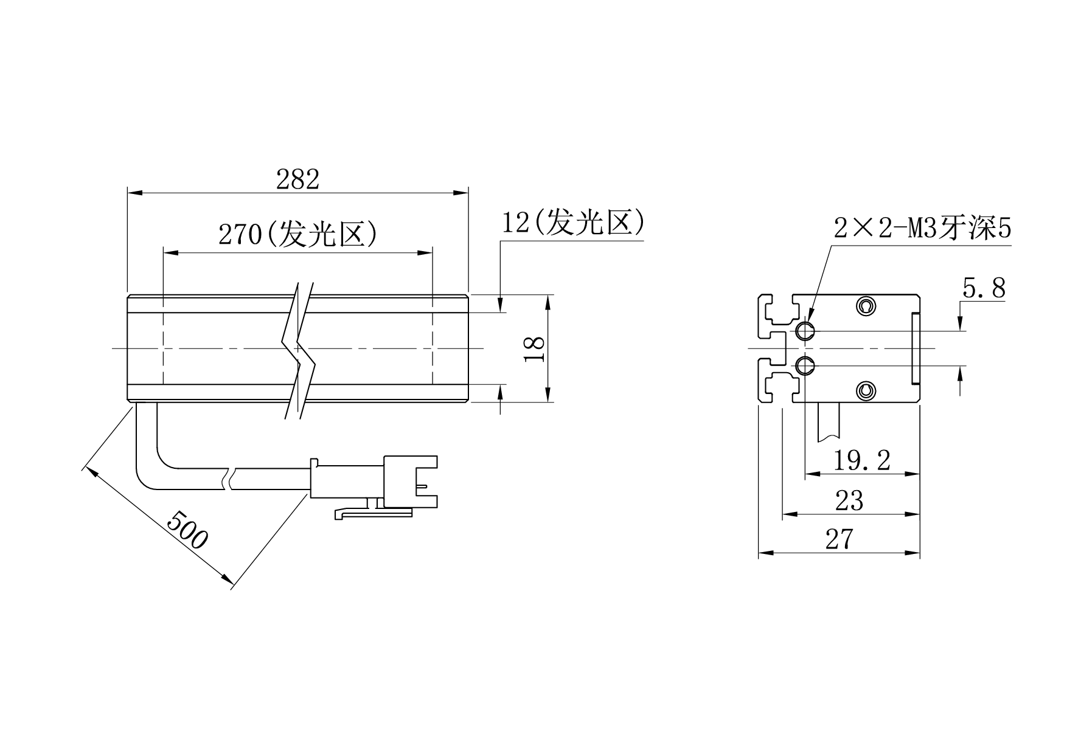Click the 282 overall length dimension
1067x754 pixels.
coord(297,180)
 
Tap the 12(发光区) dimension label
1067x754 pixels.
coord(572,223)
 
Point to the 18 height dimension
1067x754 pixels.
coord(535,348)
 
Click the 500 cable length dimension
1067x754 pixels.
coord(187,530)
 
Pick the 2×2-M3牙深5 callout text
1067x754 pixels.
coord(922,229)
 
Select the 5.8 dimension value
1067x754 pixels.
coord(984,288)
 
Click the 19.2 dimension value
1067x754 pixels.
coord(861,460)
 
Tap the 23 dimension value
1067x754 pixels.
coord(849,500)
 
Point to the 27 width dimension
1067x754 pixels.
coord(839,539)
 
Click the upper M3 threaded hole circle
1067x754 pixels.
coord(805,331)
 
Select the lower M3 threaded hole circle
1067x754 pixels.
coord(805,365)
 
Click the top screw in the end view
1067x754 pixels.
coord(866,305)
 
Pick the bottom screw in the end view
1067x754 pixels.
coord(866,391)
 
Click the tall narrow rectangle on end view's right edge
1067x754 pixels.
coord(915,348)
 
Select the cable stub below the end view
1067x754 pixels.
coord(829,421)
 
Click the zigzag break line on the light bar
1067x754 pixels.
coord(300,350)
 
